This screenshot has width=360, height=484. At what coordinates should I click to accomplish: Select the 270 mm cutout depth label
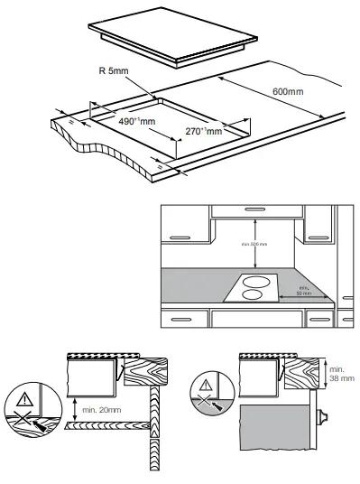pyautogui.click(x=203, y=132)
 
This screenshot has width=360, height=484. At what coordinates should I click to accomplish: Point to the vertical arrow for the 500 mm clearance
pyautogui.click(x=256, y=244)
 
